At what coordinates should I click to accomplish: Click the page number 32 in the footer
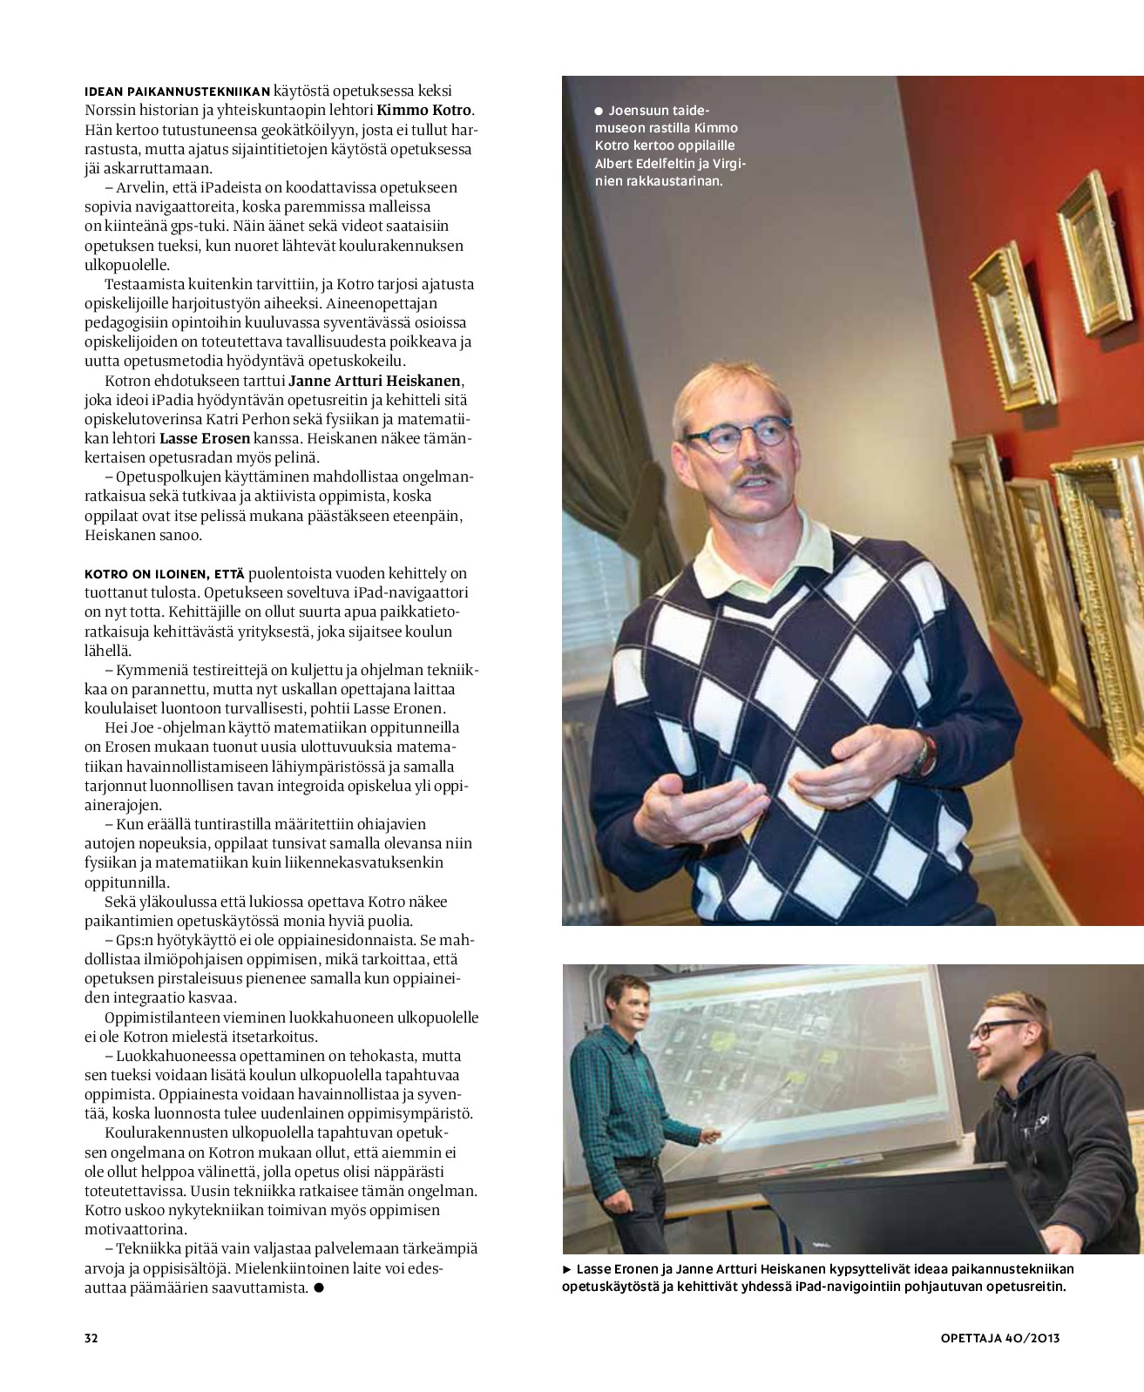click(x=91, y=1337)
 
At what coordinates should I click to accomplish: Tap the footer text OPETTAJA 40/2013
click(x=999, y=1337)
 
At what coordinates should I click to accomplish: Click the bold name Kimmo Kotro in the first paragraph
click(x=423, y=110)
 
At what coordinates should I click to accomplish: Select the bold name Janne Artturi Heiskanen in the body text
click(x=375, y=381)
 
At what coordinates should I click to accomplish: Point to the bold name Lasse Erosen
click(x=205, y=438)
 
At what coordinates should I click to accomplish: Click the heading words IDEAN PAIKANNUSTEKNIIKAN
click(x=177, y=91)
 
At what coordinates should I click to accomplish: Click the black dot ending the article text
click(x=319, y=1287)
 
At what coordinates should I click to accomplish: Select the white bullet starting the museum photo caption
click(x=599, y=111)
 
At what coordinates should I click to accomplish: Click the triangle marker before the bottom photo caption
click(x=567, y=1269)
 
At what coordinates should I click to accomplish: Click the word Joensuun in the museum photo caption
click(x=639, y=111)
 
